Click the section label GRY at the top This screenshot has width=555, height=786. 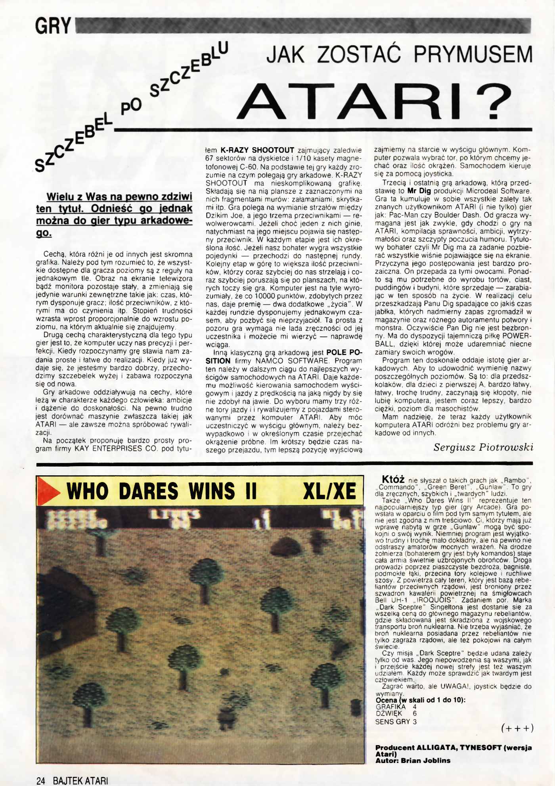53,27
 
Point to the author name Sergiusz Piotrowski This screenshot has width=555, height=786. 483,447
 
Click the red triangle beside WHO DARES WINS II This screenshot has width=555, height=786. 49,492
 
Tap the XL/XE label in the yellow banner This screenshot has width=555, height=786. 329,492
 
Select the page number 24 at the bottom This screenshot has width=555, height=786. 41,780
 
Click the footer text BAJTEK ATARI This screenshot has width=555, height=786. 80,780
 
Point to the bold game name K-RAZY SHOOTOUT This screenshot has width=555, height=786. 257,150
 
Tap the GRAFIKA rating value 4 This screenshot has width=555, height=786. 415,707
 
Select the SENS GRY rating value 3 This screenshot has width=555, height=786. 415,722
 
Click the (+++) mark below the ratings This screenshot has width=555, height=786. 517,728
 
